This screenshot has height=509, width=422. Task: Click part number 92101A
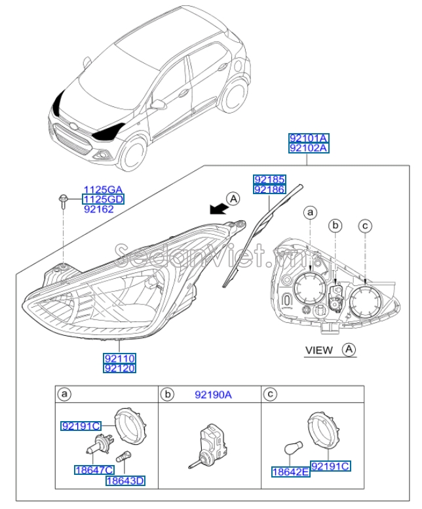click(309, 138)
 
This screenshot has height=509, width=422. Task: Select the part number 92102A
click(309, 149)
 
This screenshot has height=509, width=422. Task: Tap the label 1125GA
click(102, 188)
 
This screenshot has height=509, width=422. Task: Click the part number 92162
click(99, 209)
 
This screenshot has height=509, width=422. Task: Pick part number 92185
click(270, 179)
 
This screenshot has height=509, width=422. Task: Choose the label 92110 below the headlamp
click(119, 359)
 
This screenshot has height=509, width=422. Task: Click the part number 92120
click(119, 369)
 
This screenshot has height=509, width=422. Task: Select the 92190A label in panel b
click(213, 394)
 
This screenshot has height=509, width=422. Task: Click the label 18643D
click(126, 481)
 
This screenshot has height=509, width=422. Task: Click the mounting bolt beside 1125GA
click(63, 200)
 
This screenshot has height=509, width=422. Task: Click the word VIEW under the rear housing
click(320, 350)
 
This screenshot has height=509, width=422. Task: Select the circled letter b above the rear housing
click(336, 226)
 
